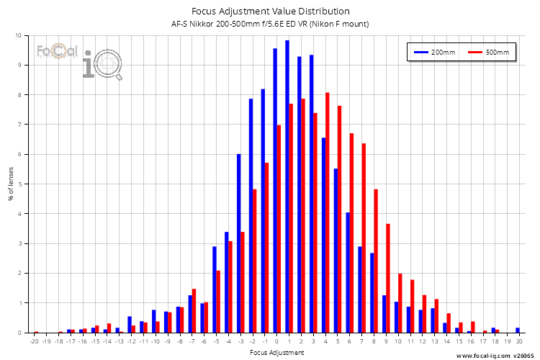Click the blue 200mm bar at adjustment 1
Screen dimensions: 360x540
click(287, 186)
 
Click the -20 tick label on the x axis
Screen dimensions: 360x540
click(35, 342)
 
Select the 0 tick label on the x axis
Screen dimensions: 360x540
click(277, 342)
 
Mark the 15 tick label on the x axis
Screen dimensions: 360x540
click(459, 342)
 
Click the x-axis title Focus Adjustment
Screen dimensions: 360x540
click(277, 353)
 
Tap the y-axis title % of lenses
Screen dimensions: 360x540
click(9, 184)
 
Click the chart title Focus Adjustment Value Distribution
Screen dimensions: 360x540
click(271, 11)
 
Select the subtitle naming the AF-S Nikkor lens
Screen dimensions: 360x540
click(271, 24)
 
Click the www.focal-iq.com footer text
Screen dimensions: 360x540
click(483, 355)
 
